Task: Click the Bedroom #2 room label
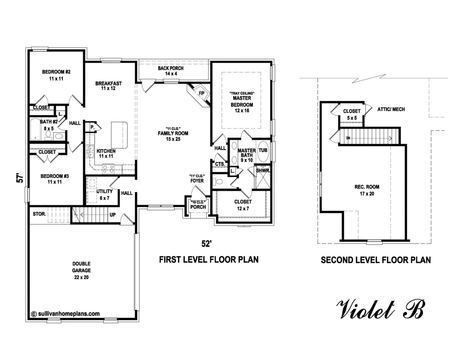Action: click(x=56, y=75)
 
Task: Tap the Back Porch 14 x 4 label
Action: click(x=170, y=71)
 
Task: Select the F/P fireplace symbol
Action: click(x=201, y=94)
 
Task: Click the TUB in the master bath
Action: click(x=263, y=150)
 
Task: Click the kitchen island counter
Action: click(x=120, y=134)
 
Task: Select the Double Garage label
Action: click(x=82, y=270)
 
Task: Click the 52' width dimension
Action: click(x=206, y=243)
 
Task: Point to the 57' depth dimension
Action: click(x=21, y=177)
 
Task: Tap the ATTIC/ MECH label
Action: click(x=391, y=110)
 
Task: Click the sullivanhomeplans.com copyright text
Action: click(x=65, y=313)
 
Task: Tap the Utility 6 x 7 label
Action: click(x=105, y=195)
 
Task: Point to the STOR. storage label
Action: click(x=40, y=214)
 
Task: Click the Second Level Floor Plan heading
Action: click(x=376, y=260)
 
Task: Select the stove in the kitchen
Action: click(x=108, y=169)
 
